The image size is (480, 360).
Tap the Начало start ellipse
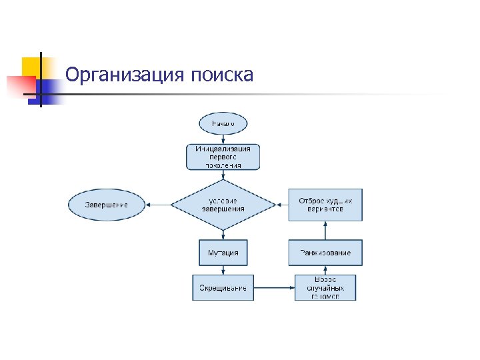click(x=223, y=124)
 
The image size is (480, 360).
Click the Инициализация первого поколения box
click(x=223, y=157)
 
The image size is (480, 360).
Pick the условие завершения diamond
click(x=223, y=205)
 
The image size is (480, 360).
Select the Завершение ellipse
click(x=107, y=205)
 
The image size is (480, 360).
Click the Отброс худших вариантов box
click(x=325, y=205)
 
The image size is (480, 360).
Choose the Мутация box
click(x=223, y=253)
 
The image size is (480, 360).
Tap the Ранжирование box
click(x=325, y=253)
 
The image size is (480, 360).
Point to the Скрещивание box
click(x=223, y=287)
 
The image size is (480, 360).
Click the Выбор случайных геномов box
click(x=325, y=287)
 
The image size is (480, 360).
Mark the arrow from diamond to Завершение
click(x=159, y=205)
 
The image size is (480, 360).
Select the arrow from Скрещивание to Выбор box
click(x=274, y=287)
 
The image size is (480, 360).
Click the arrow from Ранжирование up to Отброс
click(x=325, y=231)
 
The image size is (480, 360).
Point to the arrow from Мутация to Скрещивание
click(x=223, y=270)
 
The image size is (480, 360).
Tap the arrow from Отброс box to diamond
click(x=282, y=205)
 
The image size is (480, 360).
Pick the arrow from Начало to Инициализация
click(x=223, y=139)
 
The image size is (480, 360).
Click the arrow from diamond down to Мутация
click(x=223, y=235)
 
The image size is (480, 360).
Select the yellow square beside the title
click(x=31, y=67)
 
